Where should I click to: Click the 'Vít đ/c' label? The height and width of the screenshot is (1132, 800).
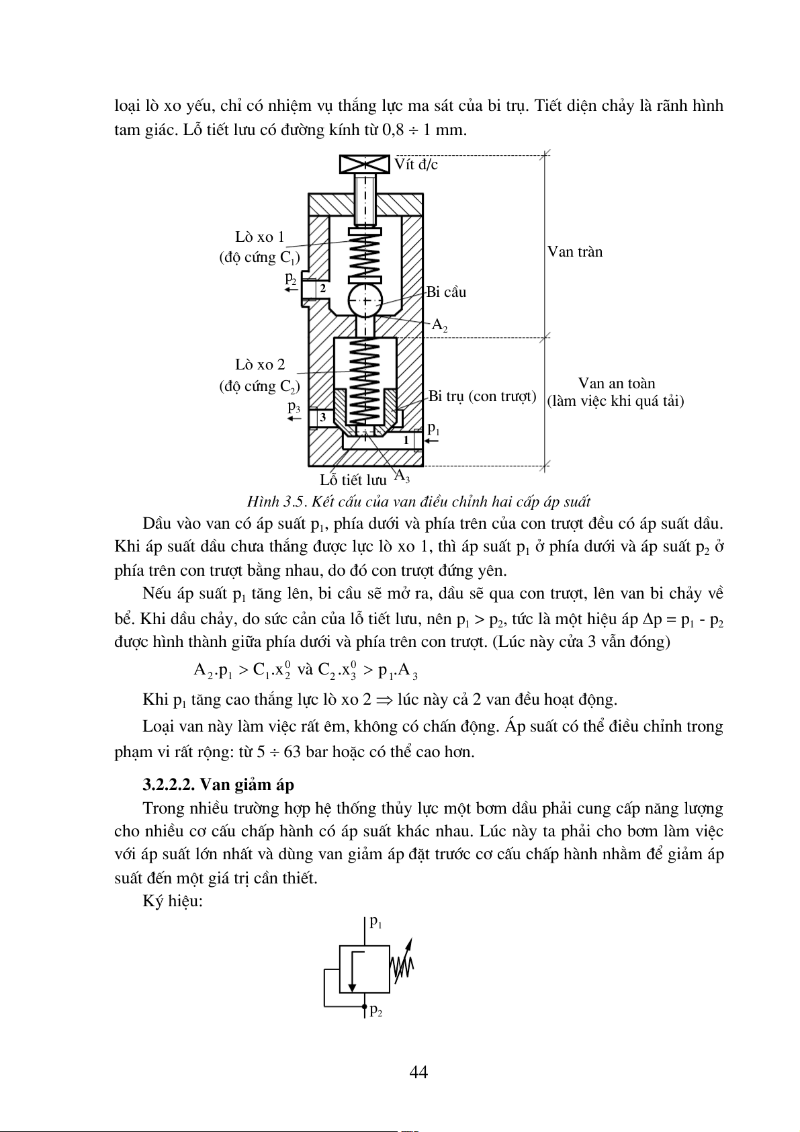click(x=416, y=165)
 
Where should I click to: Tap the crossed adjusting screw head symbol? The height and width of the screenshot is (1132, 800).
click(x=365, y=164)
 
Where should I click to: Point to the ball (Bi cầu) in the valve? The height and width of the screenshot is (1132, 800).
click(x=365, y=300)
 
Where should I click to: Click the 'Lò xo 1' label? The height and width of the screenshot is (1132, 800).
click(x=260, y=237)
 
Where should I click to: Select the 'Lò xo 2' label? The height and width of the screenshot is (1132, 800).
click(x=260, y=365)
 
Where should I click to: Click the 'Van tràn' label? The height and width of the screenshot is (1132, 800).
click(x=575, y=252)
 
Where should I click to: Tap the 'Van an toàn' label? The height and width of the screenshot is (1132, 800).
click(x=617, y=384)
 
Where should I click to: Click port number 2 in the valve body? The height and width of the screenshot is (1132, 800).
click(x=322, y=288)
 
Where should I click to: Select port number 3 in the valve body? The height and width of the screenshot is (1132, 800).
click(x=323, y=417)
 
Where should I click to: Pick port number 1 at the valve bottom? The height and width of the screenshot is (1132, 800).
click(x=406, y=440)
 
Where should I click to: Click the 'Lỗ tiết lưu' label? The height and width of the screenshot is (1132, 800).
click(x=353, y=480)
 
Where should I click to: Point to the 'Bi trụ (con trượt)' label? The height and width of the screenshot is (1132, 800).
click(x=482, y=396)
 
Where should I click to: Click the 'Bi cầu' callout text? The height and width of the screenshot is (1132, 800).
click(x=446, y=292)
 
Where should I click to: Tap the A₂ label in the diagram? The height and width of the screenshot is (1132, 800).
click(x=439, y=325)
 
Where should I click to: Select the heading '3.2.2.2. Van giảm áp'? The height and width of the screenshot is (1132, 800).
click(x=218, y=785)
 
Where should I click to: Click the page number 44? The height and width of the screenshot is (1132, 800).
click(x=418, y=1072)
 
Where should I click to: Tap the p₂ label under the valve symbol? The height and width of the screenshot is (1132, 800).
click(x=376, y=1010)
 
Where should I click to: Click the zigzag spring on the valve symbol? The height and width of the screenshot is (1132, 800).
click(x=402, y=968)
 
